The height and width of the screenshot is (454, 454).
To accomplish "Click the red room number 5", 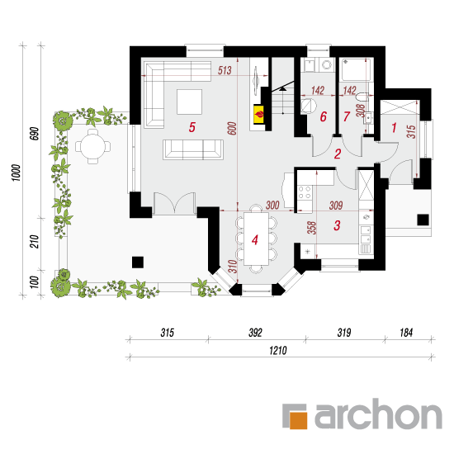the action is [x=192, y=127].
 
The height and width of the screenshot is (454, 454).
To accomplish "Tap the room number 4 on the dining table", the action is [x=255, y=240].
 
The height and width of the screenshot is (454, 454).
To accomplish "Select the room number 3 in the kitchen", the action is [x=337, y=225].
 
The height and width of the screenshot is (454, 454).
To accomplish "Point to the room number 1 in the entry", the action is [x=394, y=127].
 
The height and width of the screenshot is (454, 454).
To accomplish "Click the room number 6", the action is [x=323, y=116].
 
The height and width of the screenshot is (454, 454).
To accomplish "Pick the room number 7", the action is [x=347, y=116].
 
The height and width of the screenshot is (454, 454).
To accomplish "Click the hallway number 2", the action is [x=338, y=154].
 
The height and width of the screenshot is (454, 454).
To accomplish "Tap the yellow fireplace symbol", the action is [x=259, y=115].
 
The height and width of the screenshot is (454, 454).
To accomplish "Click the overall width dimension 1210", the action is [x=278, y=351].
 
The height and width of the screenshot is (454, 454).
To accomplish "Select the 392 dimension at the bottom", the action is [x=255, y=333].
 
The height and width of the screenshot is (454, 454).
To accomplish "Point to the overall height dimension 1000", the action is [x=17, y=173].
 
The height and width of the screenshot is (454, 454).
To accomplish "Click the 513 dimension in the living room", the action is [x=225, y=70].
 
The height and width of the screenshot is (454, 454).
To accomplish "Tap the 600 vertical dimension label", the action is [x=232, y=129].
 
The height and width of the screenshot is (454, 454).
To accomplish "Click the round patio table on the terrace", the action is [x=93, y=146].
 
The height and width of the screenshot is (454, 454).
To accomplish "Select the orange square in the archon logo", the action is [x=298, y=420].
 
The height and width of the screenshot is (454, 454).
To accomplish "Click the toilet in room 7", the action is [x=362, y=97].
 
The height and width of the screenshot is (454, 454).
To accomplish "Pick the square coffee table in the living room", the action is [x=189, y=102].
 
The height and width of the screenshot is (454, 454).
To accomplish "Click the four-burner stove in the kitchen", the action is [x=305, y=192].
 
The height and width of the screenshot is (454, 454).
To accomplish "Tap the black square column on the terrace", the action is [x=138, y=262].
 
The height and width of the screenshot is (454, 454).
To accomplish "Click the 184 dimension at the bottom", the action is [x=406, y=333].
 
